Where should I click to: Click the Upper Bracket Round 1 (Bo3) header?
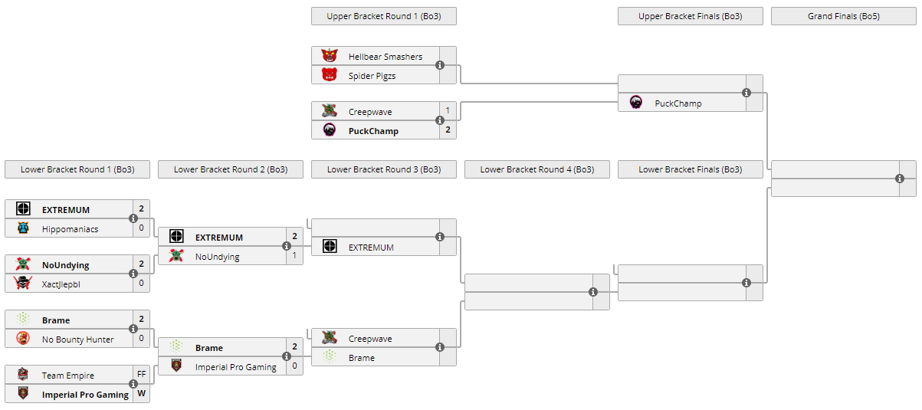click(x=383, y=16)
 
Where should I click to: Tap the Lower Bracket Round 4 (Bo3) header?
click(x=536, y=169)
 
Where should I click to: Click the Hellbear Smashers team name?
click(x=385, y=57)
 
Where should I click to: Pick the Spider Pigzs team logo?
click(x=330, y=75)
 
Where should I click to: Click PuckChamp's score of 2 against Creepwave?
click(x=448, y=130)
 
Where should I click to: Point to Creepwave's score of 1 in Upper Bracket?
click(x=448, y=111)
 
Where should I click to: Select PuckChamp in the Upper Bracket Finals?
click(x=678, y=103)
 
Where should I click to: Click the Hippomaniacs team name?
click(x=70, y=228)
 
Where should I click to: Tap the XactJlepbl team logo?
click(x=23, y=284)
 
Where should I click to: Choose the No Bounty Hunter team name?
click(x=77, y=339)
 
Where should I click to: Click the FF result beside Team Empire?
click(x=141, y=375)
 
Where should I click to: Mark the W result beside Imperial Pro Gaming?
click(x=141, y=394)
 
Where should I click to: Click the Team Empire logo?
click(x=23, y=375)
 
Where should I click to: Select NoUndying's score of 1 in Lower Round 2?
click(x=294, y=256)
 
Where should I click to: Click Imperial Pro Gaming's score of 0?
click(x=294, y=366)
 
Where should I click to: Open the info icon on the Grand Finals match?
click(x=900, y=179)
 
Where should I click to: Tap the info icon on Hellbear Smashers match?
click(x=440, y=65)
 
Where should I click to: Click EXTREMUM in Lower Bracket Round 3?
click(x=371, y=247)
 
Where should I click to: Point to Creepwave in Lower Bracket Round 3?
click(x=369, y=339)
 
